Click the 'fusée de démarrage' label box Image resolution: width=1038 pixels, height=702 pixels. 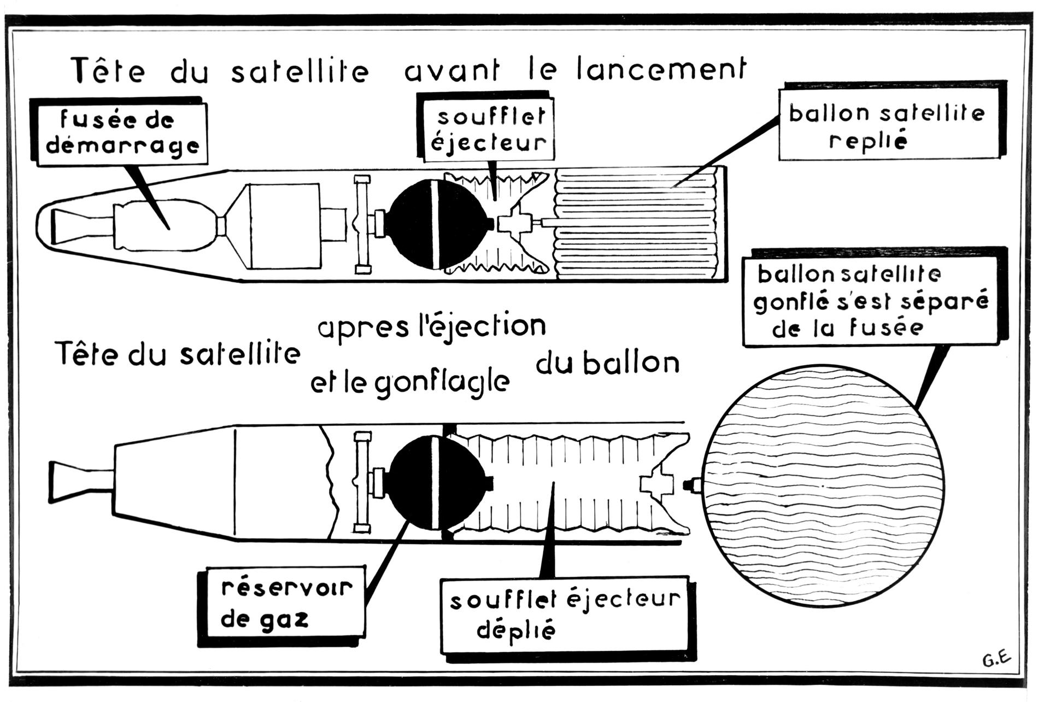(x=123, y=132)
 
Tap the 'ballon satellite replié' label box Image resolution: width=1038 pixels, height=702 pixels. (x=885, y=126)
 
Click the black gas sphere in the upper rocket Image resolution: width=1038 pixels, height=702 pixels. (x=437, y=224)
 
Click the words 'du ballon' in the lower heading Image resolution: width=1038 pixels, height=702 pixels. (x=607, y=364)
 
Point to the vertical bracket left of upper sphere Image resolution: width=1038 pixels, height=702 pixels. (x=362, y=224)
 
